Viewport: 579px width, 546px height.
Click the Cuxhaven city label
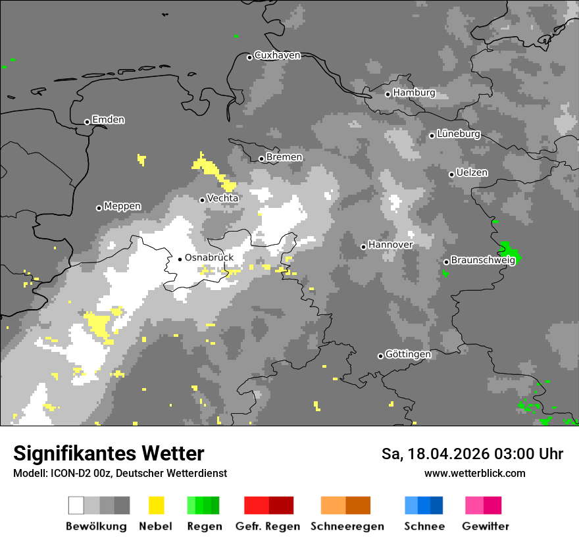tap(277, 56)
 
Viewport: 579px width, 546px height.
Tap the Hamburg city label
tap(414, 93)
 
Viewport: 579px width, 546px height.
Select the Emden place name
tap(108, 120)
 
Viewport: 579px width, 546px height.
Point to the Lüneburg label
tap(459, 134)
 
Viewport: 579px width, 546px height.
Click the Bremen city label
tap(284, 157)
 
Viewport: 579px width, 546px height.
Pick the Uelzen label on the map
tap(472, 173)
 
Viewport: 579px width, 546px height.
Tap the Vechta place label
tap(222, 198)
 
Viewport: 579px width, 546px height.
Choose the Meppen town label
tap(122, 207)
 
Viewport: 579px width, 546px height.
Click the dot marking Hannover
tap(363, 247)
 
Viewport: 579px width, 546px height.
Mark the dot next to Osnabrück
tap(180, 259)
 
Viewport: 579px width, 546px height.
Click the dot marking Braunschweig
tap(446, 262)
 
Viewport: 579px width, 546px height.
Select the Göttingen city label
tap(408, 355)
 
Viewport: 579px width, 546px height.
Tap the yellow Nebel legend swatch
tap(156, 505)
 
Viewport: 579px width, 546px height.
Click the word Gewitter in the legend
tap(485, 526)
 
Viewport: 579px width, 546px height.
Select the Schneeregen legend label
tap(347, 526)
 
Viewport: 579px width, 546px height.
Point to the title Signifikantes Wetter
tap(109, 453)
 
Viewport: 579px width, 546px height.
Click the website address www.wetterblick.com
tap(474, 473)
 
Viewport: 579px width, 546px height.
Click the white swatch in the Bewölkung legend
tap(76, 505)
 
